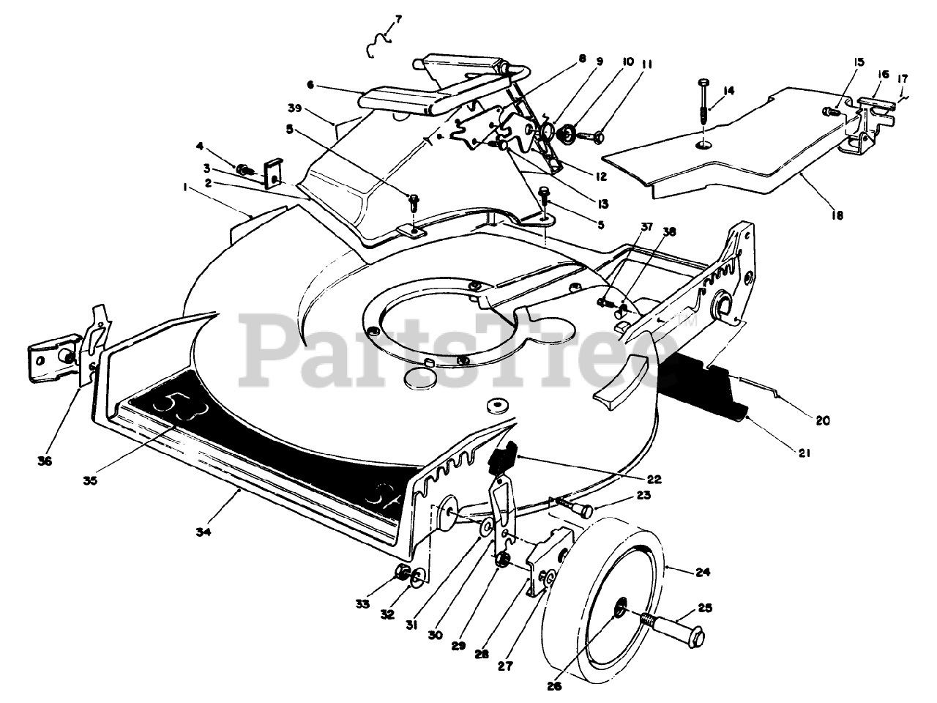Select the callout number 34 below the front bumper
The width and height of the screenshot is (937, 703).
(x=204, y=533)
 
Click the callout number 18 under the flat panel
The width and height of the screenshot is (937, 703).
(x=837, y=215)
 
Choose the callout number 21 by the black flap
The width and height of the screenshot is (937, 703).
(x=805, y=453)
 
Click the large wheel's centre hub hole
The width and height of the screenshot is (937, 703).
(x=619, y=603)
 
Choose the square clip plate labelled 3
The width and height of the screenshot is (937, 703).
(x=273, y=171)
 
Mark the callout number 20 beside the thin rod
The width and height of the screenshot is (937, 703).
(x=822, y=420)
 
